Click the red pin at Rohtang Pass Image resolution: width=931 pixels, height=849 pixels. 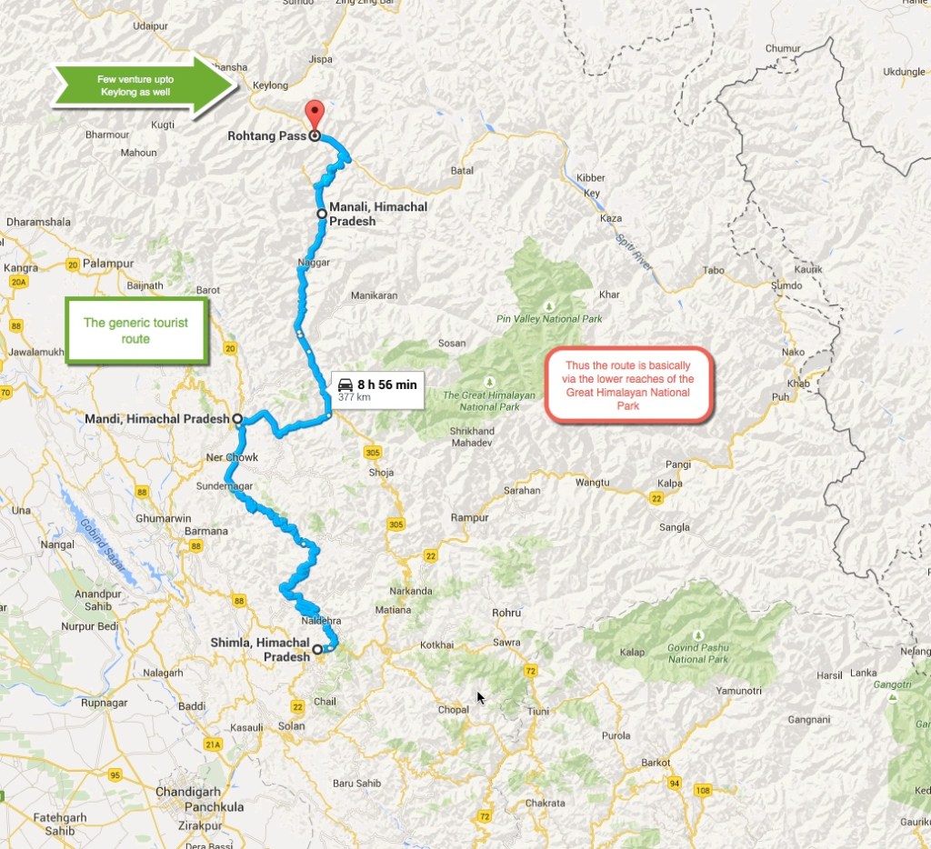click(x=314, y=115)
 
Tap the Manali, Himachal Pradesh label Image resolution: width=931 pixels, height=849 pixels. click(x=377, y=214)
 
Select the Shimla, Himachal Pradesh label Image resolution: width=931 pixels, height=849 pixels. click(x=260, y=649)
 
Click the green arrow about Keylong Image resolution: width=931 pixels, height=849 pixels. click(x=135, y=86)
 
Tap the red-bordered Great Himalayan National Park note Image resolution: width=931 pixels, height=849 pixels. click(x=628, y=385)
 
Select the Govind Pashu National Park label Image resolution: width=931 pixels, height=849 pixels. click(x=698, y=654)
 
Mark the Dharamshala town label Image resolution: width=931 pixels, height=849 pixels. click(x=37, y=221)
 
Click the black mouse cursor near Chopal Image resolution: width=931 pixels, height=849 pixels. click(x=481, y=697)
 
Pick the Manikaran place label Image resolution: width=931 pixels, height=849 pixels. click(x=375, y=296)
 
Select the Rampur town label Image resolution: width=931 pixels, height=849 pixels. click(x=470, y=518)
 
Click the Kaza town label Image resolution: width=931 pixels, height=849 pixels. click(x=610, y=219)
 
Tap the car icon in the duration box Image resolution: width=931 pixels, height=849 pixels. click(x=345, y=385)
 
